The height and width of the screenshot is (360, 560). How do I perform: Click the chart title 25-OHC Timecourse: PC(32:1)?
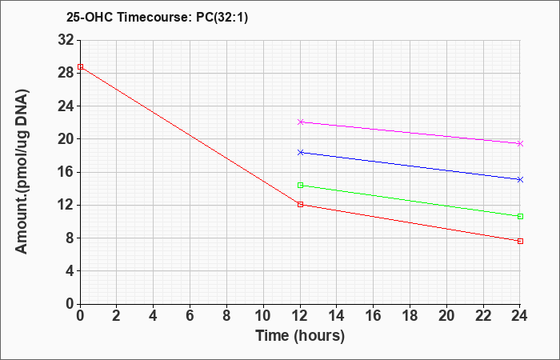coord(157,18)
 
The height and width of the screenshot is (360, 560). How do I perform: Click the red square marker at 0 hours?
coord(80,66)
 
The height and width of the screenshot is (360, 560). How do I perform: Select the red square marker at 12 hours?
coord(300,204)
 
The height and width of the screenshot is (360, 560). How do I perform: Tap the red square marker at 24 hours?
coord(520,241)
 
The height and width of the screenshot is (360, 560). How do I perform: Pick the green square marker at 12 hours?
coord(300,185)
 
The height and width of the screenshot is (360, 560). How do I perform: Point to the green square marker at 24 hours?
coord(520,217)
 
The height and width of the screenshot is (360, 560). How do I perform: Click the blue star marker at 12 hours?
coord(300,153)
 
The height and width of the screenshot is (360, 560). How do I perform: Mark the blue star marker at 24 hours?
coord(520,180)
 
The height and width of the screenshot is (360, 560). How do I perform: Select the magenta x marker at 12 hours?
coord(300,122)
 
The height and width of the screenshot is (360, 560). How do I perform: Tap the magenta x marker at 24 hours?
coord(520,143)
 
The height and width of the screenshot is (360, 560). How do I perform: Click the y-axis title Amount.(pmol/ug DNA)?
coord(22,171)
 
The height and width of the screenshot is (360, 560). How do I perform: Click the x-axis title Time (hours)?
coord(300,336)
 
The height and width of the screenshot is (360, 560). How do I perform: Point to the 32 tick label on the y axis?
coord(66,40)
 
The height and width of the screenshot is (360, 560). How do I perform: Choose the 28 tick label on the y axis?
coord(66,74)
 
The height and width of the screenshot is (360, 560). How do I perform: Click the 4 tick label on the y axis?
coord(70,271)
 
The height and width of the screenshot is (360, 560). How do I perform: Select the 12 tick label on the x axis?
coord(300,316)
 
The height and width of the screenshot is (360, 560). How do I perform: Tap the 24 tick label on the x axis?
coord(520,316)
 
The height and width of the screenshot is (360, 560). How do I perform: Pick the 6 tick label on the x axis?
coord(190,316)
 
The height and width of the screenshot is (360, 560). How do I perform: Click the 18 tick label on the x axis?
coord(410,316)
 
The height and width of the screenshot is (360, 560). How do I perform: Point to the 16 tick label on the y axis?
coord(66,172)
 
